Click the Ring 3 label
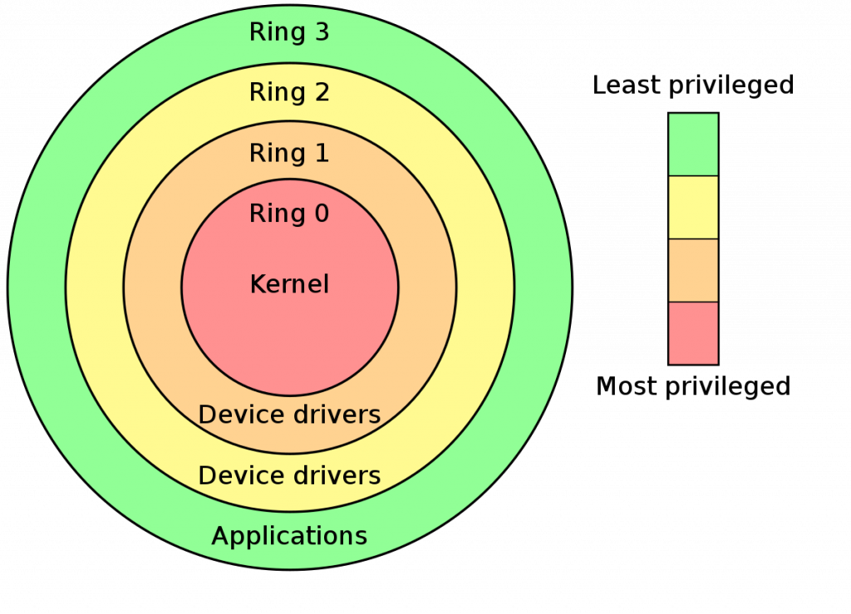[289, 33]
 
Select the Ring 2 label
[289, 92]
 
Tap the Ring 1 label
[289, 154]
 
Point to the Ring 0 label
[289, 214]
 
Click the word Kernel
[289, 285]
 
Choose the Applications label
[289, 536]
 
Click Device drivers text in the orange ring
[289, 415]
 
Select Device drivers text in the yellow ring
[289, 476]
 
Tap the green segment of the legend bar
[693, 144]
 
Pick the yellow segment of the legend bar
[693, 207]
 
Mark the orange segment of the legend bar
[693, 270]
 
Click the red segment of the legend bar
[693, 332]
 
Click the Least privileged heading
[693, 85]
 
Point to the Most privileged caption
[693, 386]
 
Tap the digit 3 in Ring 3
[321, 33]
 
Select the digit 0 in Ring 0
[321, 214]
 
